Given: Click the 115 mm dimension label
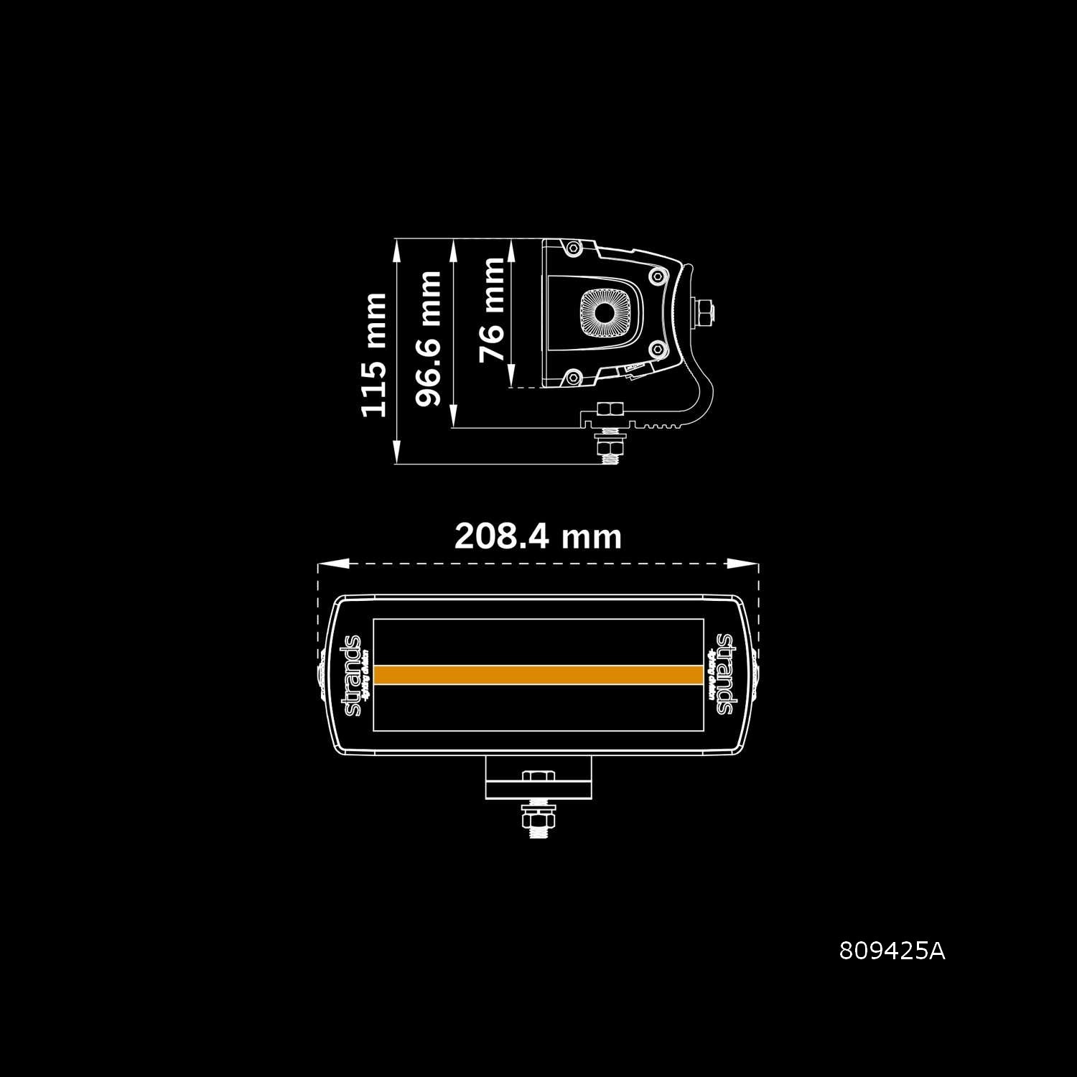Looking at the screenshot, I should [x=373, y=354].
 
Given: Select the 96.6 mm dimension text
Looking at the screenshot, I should [x=429, y=338].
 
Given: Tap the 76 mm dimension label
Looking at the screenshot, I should [x=492, y=309].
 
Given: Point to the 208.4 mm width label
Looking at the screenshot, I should [x=538, y=536].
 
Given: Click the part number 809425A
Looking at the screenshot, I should [x=892, y=951].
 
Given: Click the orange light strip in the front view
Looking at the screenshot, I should [x=538, y=675].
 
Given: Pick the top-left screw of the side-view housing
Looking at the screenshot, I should [x=572, y=248].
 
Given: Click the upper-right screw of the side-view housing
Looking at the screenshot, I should [x=658, y=275].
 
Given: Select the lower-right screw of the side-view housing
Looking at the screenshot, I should [x=658, y=350].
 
